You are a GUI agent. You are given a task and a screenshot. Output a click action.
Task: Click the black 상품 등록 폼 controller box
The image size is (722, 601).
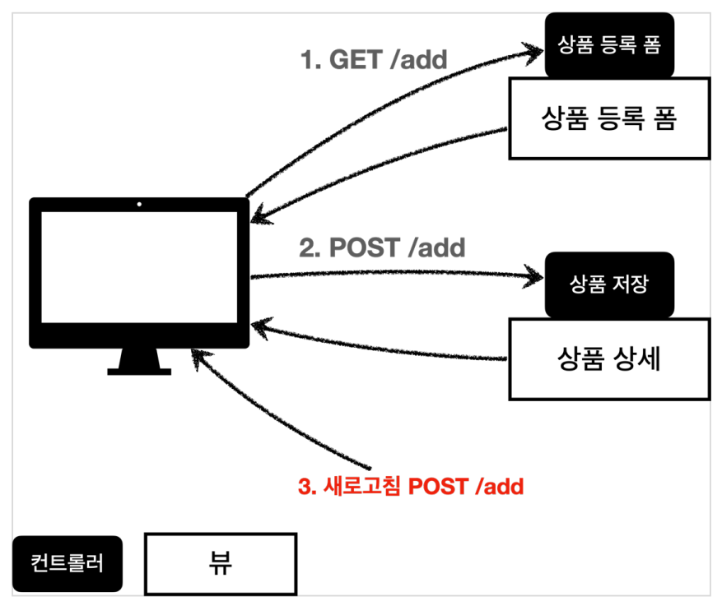click(609, 44)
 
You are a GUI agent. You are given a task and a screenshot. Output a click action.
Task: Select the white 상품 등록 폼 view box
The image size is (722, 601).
click(610, 118)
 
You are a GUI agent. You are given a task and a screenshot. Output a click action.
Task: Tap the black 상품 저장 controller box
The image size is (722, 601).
click(609, 284)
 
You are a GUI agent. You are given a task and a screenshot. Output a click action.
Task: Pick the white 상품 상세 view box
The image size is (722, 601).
click(610, 359)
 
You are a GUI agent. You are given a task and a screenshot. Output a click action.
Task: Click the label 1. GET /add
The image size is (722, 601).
click(374, 60)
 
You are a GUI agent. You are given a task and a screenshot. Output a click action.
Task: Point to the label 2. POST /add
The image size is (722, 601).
click(382, 247)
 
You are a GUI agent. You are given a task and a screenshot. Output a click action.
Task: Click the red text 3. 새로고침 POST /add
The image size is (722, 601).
click(411, 487)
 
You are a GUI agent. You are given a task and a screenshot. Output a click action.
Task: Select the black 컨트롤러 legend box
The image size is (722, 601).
click(68, 564)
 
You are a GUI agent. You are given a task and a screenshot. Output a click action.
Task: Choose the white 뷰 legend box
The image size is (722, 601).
click(221, 564)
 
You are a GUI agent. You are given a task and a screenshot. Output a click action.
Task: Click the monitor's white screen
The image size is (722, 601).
click(139, 267)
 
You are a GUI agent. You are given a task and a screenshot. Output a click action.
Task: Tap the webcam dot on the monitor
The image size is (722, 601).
click(139, 204)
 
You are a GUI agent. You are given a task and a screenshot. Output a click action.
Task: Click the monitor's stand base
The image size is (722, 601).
click(139, 372)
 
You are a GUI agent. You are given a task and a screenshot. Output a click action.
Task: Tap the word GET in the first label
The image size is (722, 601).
click(356, 60)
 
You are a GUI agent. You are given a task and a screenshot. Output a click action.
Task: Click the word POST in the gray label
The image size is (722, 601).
click(365, 247)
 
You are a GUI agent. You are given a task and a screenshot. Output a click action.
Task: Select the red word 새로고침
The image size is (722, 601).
click(362, 487)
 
